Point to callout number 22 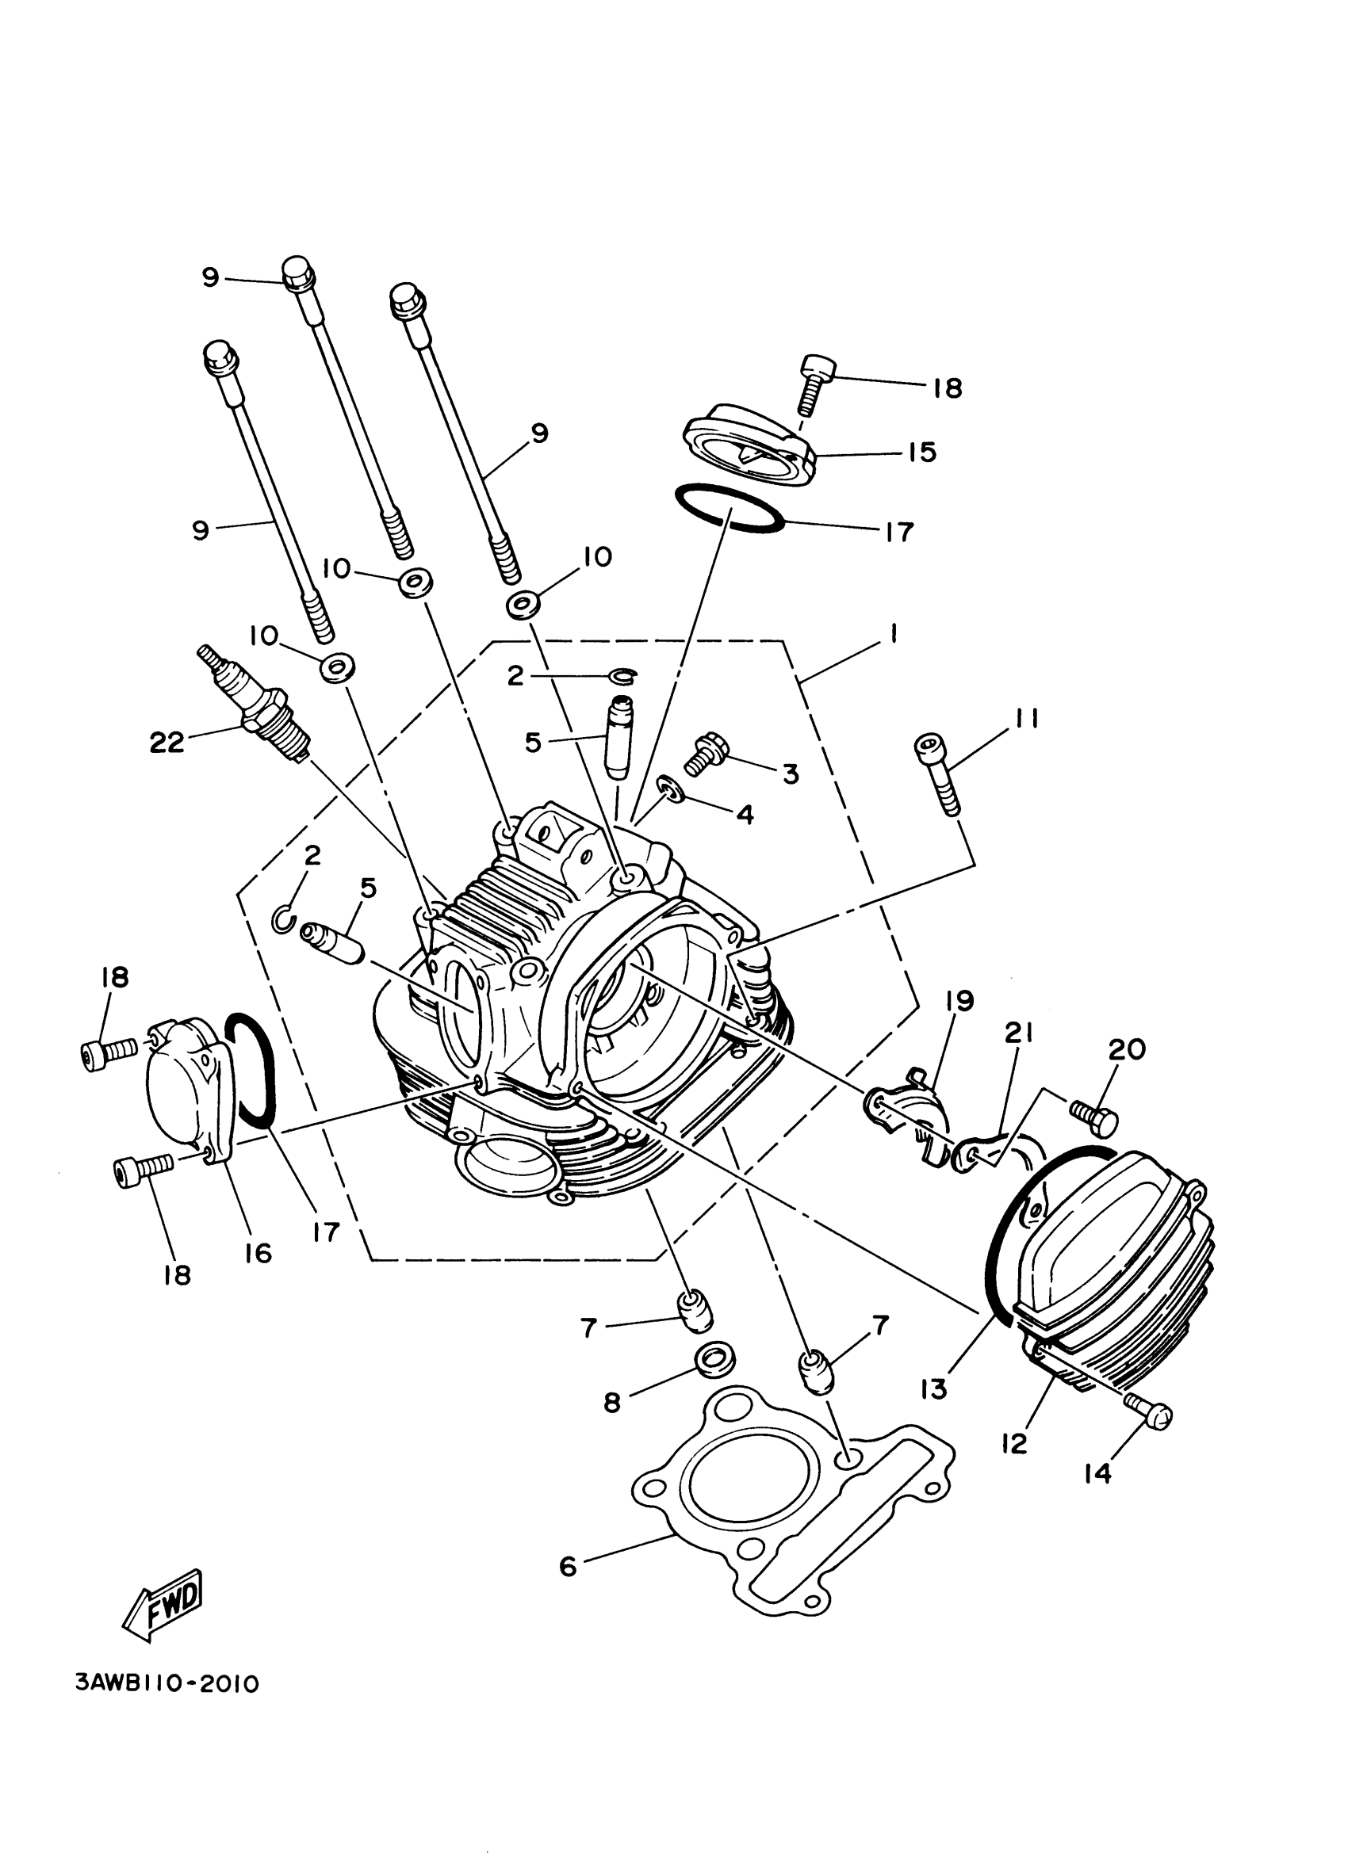167,743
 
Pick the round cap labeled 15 748,443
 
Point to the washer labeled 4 672,793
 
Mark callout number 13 933,1388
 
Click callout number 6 568,1568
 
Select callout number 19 959,1002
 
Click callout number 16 258,1253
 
